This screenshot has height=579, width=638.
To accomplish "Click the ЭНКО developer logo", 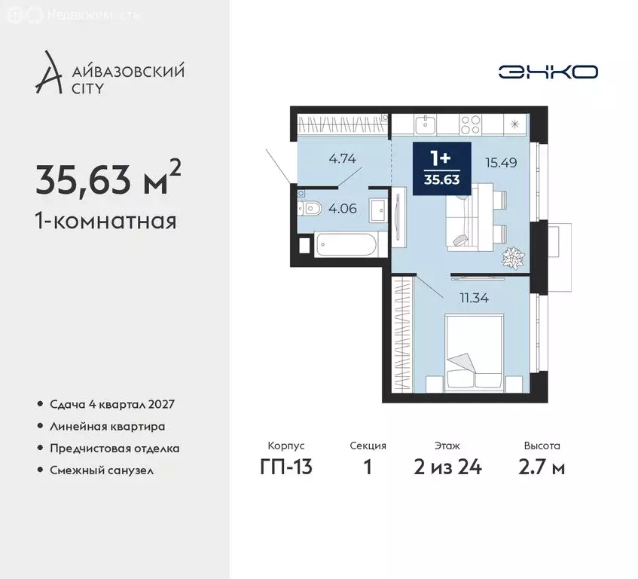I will click(548, 72).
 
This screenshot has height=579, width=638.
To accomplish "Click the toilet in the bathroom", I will click(311, 208).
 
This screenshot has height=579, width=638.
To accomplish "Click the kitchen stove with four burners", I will click(472, 122).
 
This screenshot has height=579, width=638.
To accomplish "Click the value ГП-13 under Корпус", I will click(286, 467).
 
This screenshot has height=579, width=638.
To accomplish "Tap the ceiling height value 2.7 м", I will click(542, 467).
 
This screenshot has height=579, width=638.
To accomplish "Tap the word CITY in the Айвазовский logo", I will click(89, 88).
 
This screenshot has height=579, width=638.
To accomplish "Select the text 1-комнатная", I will click(105, 222).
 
